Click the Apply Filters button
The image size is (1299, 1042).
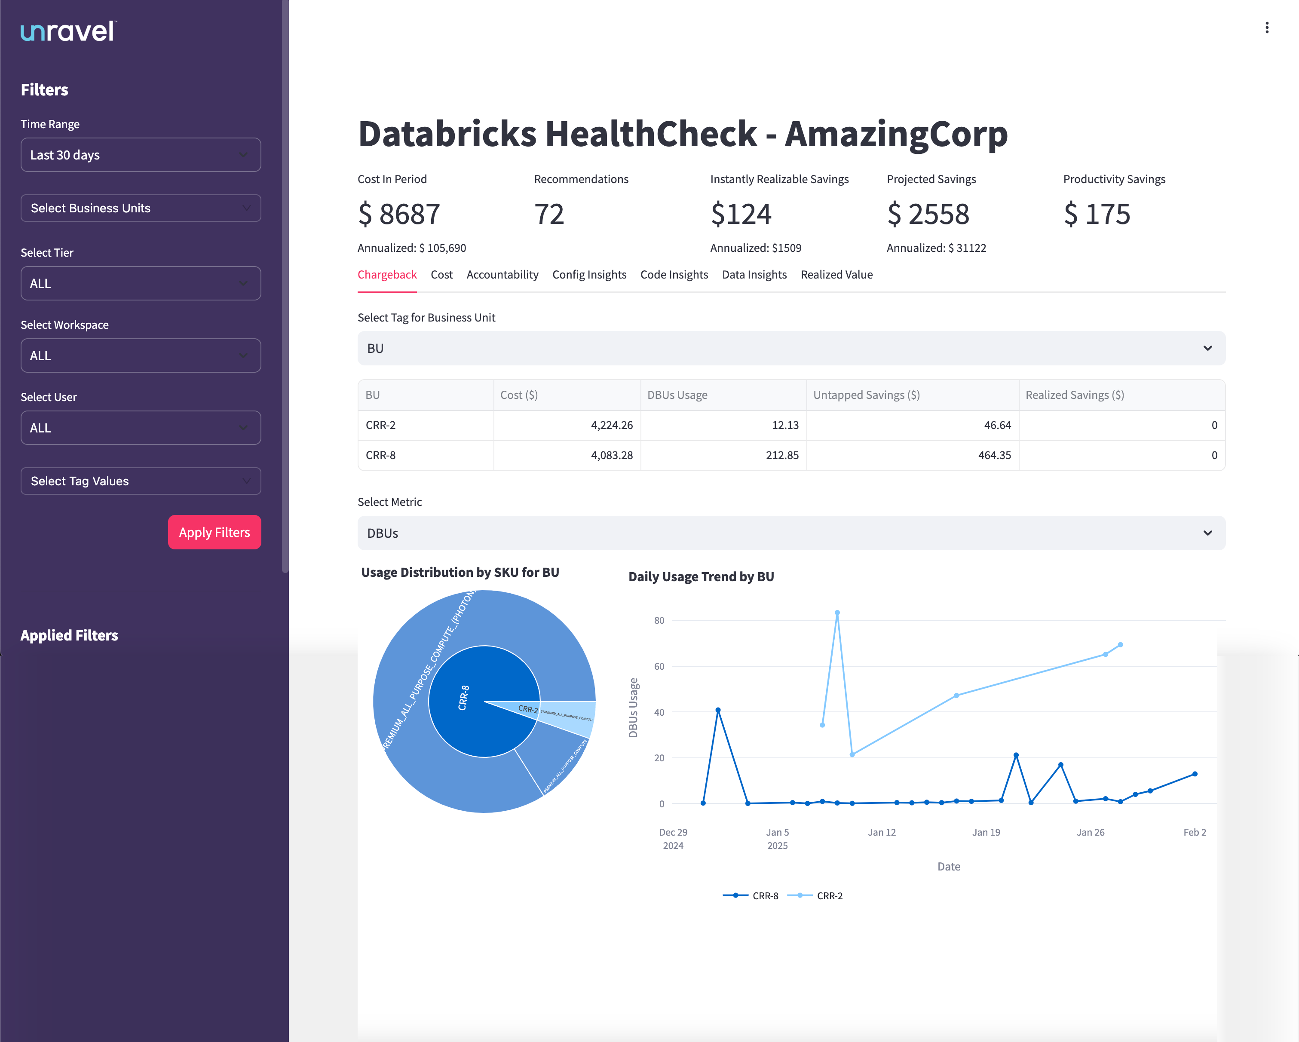pos(214,532)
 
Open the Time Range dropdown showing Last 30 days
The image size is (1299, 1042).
pos(141,155)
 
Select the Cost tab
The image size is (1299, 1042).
pos(441,275)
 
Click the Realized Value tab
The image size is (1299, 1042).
pos(836,275)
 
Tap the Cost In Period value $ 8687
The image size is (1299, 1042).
pos(399,215)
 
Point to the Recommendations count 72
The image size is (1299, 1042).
pos(549,215)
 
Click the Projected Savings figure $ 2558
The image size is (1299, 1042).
pos(928,215)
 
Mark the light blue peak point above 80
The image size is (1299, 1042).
pos(837,613)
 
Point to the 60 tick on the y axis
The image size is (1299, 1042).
pos(659,667)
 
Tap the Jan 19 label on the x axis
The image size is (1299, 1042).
pos(986,832)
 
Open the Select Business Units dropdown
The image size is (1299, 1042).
pos(141,208)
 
